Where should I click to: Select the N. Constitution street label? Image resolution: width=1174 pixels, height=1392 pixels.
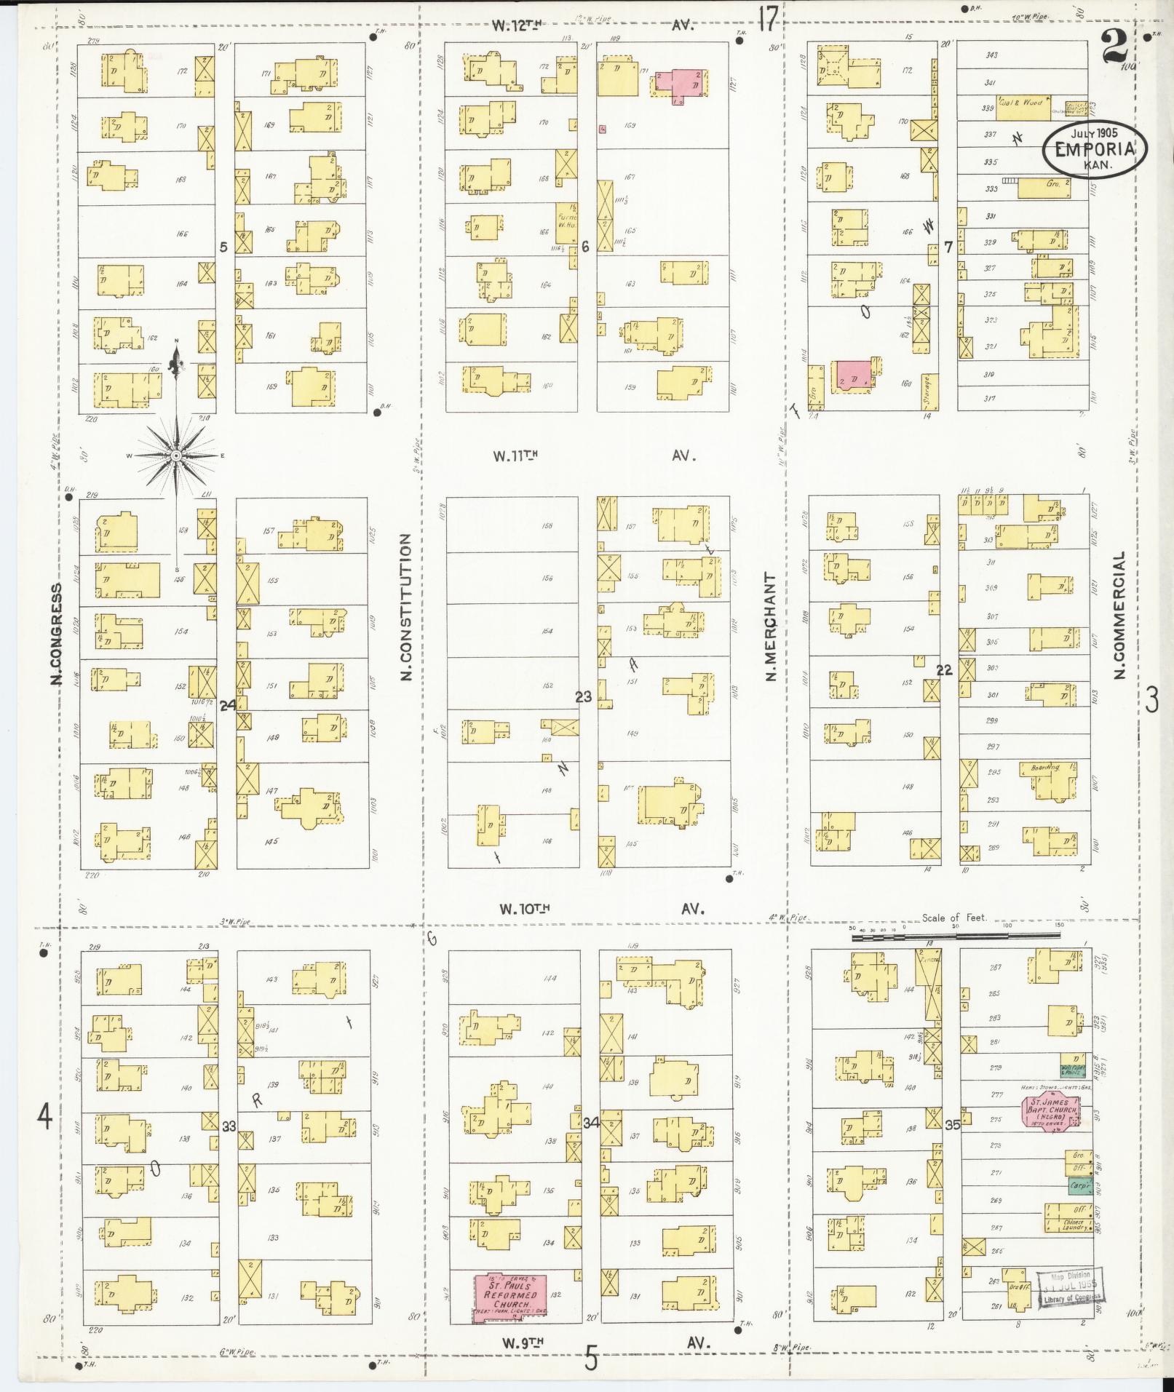point(406,608)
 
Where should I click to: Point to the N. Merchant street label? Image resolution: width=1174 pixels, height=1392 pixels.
point(770,626)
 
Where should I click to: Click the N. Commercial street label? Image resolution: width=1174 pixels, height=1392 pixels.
point(1120,615)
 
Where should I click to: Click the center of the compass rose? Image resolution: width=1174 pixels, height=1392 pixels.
point(176,456)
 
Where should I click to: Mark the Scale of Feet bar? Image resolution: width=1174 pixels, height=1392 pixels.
point(955,938)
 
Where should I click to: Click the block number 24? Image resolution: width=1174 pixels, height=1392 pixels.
point(227,704)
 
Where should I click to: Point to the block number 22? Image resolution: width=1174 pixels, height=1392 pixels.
point(944,670)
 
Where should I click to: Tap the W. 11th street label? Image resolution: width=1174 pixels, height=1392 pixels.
point(515,456)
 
